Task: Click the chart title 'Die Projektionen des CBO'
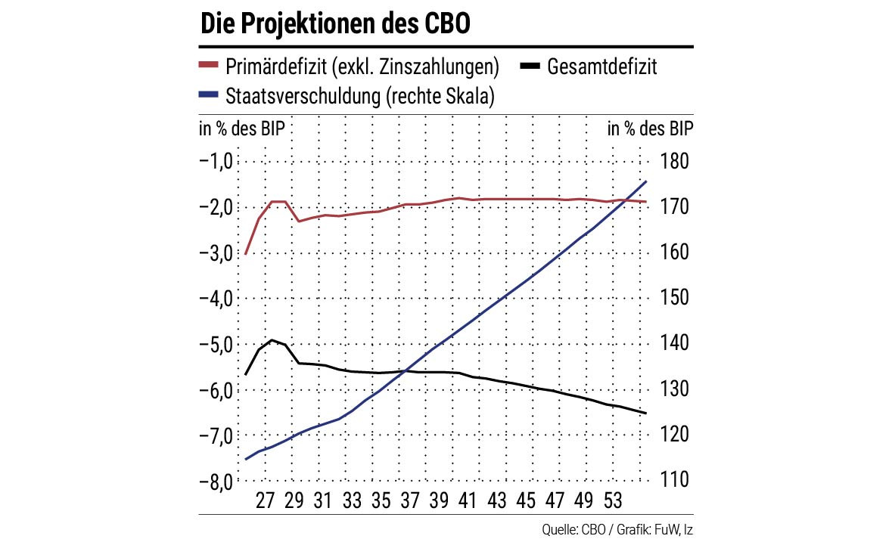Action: pos(335,24)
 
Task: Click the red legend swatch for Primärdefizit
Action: pos(209,67)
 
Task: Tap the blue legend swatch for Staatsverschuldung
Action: pos(209,95)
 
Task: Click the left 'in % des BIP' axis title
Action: pos(242,128)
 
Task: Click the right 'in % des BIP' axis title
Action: pos(650,128)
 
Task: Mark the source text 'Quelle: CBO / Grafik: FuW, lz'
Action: pos(617,528)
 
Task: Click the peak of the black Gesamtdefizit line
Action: pos(272,340)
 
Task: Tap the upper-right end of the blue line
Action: pos(646,181)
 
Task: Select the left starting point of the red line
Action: pos(246,255)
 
